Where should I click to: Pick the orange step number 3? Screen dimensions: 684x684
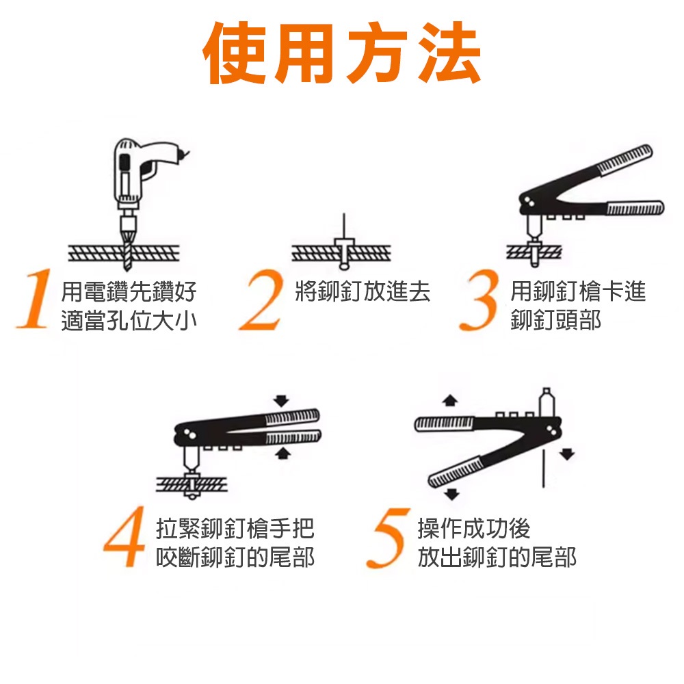coord(482,301)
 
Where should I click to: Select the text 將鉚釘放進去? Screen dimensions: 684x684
coord(363,292)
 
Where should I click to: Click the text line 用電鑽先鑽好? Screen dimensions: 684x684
coord(129,292)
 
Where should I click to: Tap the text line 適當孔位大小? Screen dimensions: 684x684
coord(129,320)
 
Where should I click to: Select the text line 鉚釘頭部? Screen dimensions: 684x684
coord(555,320)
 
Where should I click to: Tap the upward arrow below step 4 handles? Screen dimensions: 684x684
coord(280,453)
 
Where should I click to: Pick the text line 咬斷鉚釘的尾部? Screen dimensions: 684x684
coord(235,557)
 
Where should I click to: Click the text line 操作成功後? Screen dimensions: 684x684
coord(473,529)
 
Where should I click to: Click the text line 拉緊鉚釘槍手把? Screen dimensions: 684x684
coord(235,529)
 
